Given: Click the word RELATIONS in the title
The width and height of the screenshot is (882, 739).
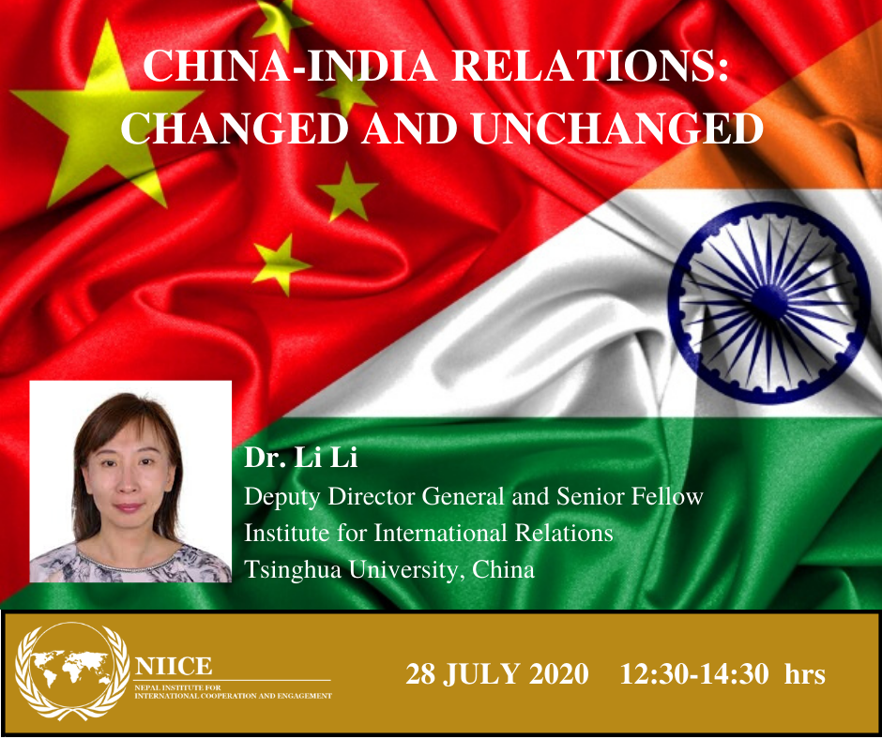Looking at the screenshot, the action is [x=590, y=67].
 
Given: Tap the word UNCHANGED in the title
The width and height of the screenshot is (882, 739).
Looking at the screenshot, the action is [x=617, y=128].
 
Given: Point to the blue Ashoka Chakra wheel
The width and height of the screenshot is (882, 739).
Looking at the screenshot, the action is [x=769, y=303].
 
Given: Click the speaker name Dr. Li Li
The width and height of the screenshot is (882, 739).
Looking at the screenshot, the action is [x=300, y=458].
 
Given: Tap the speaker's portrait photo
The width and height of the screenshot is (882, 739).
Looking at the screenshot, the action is [x=130, y=481].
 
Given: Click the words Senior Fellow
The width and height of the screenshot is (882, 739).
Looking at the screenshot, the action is [x=630, y=497].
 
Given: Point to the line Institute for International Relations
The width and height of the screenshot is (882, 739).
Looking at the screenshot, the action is [x=429, y=534].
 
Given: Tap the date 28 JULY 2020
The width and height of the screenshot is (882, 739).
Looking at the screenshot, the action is [x=497, y=673].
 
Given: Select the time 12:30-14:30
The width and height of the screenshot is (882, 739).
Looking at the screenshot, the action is [x=694, y=673].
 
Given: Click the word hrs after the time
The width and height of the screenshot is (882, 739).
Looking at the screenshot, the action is [x=805, y=673].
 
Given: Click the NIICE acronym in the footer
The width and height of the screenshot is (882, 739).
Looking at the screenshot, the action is [x=174, y=667].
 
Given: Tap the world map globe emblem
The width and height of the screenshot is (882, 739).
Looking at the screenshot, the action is [x=71, y=671].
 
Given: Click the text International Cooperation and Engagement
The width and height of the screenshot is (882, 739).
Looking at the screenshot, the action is [x=233, y=696].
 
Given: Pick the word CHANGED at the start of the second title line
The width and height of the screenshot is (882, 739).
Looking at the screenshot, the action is [x=235, y=128].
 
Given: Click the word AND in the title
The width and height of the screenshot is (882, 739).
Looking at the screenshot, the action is [x=409, y=128].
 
